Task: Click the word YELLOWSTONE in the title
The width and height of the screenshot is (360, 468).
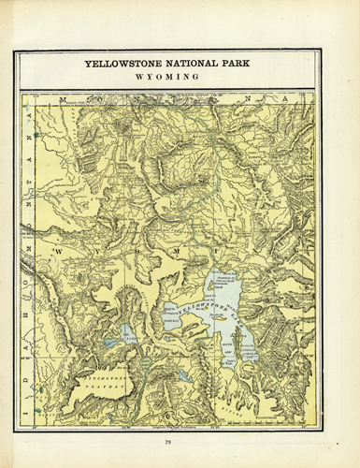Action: click(x=122, y=66)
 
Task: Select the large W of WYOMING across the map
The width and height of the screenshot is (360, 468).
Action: click(x=58, y=252)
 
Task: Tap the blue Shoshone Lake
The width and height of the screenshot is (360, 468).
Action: click(x=125, y=331)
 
